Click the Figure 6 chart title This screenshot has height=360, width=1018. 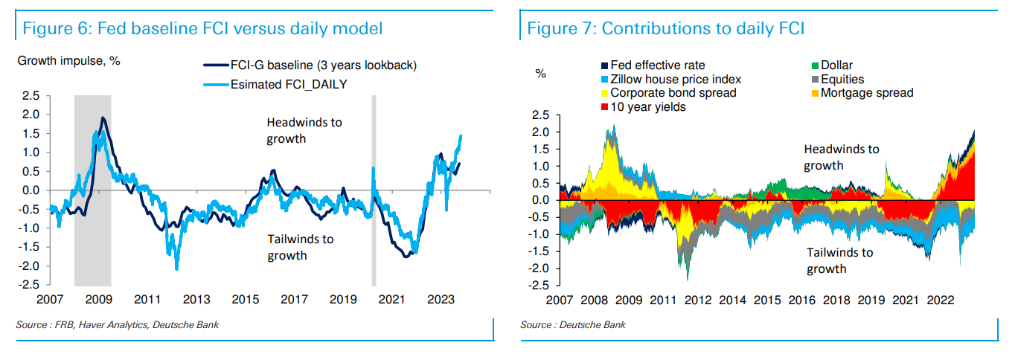(202, 29)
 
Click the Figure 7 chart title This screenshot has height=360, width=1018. (666, 29)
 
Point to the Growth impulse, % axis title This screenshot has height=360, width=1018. (68, 60)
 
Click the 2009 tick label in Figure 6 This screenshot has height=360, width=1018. (98, 300)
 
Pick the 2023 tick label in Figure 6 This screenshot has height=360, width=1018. (441, 300)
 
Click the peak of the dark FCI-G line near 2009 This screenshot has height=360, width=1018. (103, 118)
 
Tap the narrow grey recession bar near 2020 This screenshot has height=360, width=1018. (374, 190)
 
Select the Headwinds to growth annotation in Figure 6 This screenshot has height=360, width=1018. (304, 130)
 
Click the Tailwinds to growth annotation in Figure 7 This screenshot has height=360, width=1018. (839, 260)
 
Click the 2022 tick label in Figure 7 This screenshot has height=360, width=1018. (939, 300)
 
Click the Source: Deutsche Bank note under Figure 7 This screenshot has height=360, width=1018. (573, 325)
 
